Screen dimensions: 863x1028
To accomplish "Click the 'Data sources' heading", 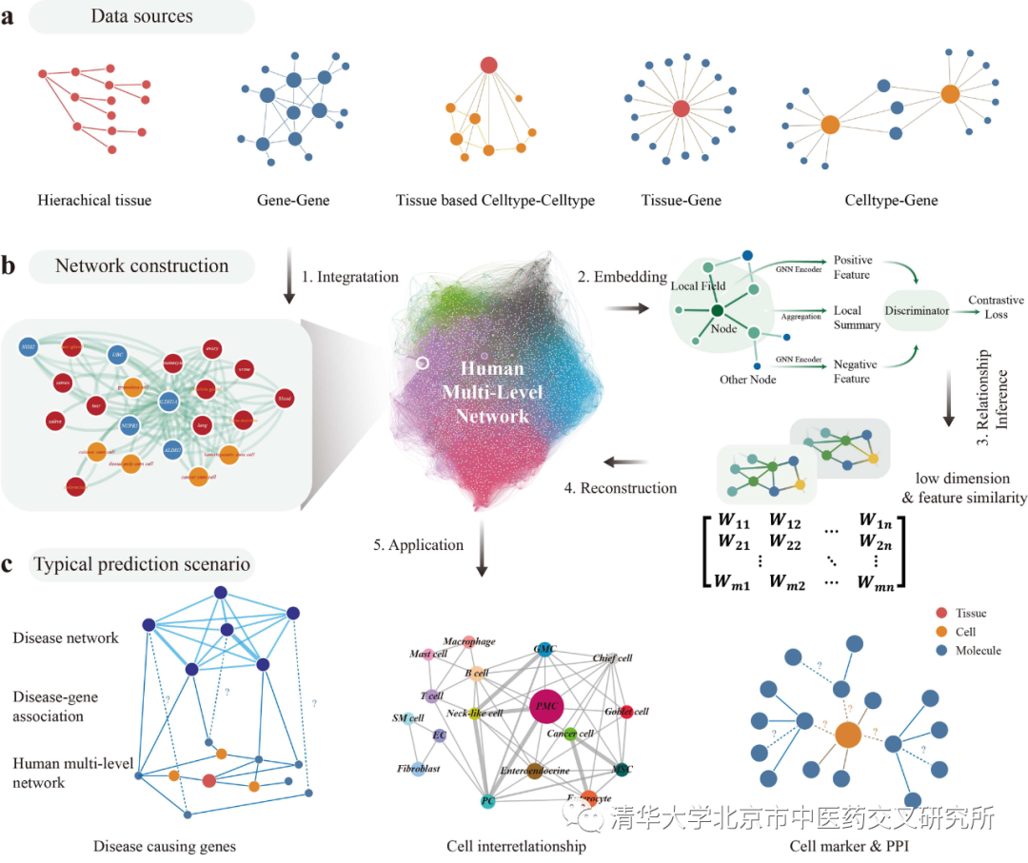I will (141, 16).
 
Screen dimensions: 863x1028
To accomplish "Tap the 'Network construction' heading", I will (142, 265).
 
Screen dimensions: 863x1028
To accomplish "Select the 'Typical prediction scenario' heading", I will (142, 564).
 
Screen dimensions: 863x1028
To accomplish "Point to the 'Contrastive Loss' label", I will (996, 307).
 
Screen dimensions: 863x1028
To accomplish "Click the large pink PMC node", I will (545, 706).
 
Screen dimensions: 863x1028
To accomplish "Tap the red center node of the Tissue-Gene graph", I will (681, 109).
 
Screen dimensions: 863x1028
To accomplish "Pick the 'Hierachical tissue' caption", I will (94, 200).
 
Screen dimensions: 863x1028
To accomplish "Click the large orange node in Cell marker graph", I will (847, 736).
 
